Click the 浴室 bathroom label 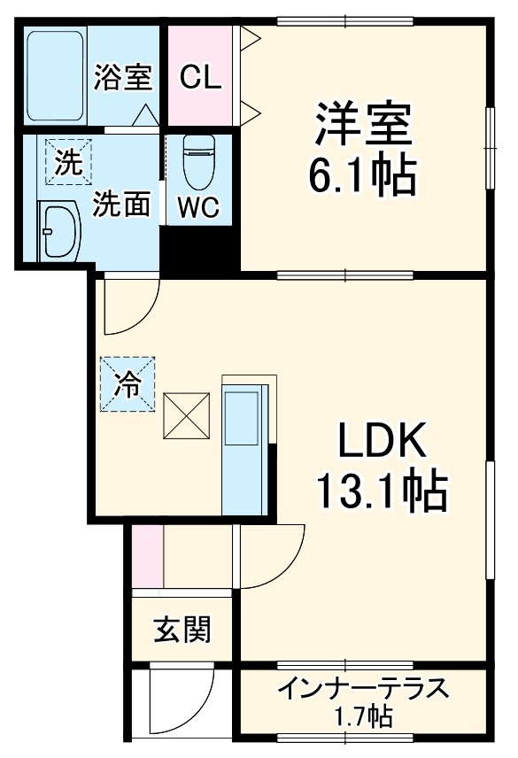pyautogui.click(x=123, y=77)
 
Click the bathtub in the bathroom pyautogui.click(x=55, y=74)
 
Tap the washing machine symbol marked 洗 pyautogui.click(x=67, y=162)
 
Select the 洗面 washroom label pyautogui.click(x=122, y=206)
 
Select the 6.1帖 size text pyautogui.click(x=362, y=176)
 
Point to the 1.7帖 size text pyautogui.click(x=364, y=715)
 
